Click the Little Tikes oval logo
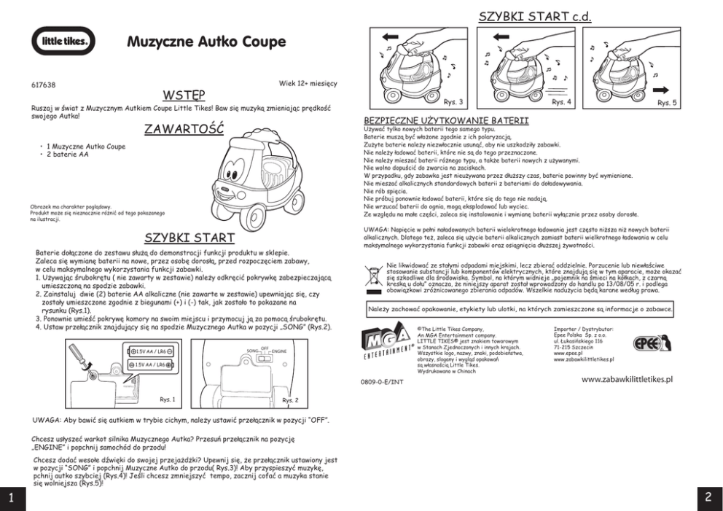tap(63, 41)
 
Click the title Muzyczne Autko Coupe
tap(206, 42)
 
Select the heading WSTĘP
tap(184, 95)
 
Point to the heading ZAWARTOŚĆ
tap(183, 130)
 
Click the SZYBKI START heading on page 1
tap(189, 238)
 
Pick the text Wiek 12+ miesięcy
tap(308, 83)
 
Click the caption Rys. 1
tap(168, 399)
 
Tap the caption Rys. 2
tap(290, 400)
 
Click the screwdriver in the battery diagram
tap(80, 360)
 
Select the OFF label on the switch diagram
tap(265, 348)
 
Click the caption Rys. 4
tap(562, 102)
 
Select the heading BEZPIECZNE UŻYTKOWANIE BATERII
tap(445, 120)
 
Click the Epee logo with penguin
tap(651, 341)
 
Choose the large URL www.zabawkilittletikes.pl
tap(627, 380)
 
